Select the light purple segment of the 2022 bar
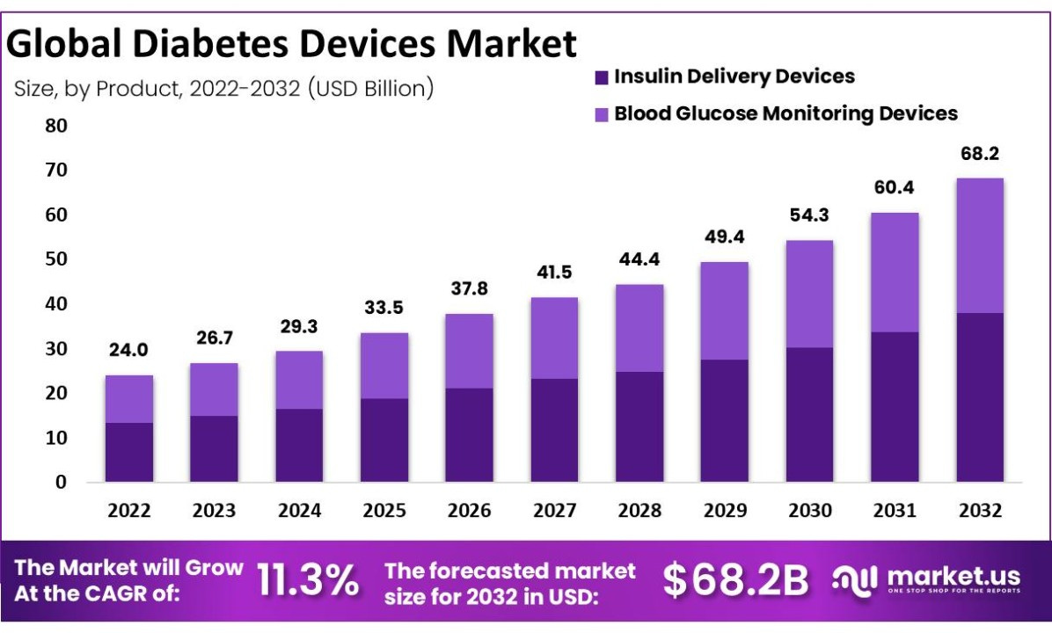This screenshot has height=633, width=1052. tap(128, 399)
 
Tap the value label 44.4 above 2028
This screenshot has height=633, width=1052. tap(639, 260)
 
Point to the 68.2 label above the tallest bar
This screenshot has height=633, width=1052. tap(979, 154)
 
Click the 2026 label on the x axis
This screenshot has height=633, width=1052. tap(468, 511)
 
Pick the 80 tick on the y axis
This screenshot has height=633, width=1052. tap(55, 126)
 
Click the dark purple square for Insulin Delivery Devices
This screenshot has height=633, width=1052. tap(602, 77)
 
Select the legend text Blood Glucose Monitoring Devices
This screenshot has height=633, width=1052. tap(785, 113)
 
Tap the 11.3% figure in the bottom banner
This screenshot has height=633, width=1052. tap(307, 580)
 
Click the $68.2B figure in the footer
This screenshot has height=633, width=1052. tap(735, 580)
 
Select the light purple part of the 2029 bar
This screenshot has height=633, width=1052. tap(724, 310)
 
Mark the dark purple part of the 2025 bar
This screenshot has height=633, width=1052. tap(384, 440)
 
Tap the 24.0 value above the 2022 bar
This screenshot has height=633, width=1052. tap(128, 350)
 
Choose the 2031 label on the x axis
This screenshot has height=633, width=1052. tap(894, 511)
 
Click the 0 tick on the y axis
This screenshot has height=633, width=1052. tap(61, 482)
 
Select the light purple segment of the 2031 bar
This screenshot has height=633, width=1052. tap(894, 273)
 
